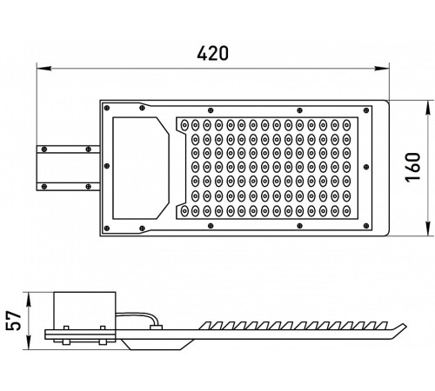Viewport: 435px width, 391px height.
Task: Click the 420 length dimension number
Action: pos(212,53)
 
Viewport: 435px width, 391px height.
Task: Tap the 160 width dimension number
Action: pos(412,167)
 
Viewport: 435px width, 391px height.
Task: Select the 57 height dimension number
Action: pos(14,321)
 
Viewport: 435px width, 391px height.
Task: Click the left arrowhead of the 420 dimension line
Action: pos(44,69)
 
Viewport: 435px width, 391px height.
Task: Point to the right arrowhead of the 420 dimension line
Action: pos(381,69)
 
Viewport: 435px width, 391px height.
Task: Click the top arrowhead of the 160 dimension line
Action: pos(429,109)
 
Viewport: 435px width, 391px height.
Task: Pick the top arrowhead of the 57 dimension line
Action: pos(29,300)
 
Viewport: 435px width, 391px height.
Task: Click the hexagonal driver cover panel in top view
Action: pos(141,168)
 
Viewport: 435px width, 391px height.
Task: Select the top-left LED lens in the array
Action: pos(184,125)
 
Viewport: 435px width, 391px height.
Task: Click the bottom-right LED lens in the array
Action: pos(346,210)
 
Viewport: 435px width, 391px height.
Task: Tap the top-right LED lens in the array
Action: pos(346,125)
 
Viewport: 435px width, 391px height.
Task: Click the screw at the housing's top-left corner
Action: pos(107,108)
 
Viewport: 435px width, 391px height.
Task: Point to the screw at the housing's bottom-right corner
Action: pos(366,226)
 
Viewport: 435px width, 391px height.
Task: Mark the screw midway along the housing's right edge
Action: pos(366,167)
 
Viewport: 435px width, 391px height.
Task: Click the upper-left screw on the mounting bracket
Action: pos(44,149)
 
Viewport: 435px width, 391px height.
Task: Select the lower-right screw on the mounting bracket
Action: pos(89,186)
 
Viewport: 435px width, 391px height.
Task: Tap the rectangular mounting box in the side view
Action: pos(84,311)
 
